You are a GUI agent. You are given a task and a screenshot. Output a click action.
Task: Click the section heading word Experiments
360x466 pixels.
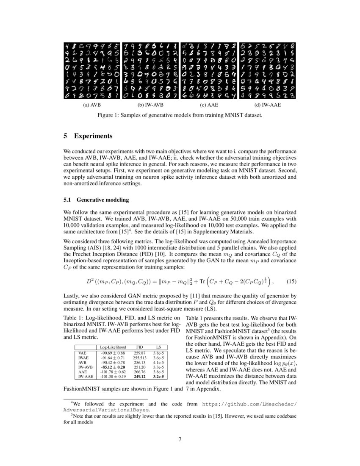tap(93, 136)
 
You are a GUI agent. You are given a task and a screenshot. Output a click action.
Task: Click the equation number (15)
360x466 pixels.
tap(291, 281)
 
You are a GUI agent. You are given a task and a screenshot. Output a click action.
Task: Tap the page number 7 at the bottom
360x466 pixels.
tap(180, 439)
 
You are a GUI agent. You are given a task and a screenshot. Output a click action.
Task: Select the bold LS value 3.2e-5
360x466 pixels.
tap(159, 376)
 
